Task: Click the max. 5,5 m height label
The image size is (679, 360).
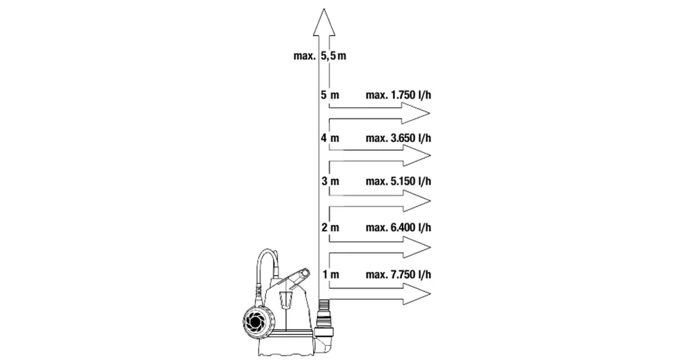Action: tap(320, 56)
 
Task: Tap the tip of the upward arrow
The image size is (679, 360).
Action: tap(324, 8)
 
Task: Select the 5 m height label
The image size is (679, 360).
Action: tap(330, 95)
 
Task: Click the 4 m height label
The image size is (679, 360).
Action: tap(330, 138)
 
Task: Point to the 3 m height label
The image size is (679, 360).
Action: tap(331, 181)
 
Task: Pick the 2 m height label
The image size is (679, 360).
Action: tap(331, 228)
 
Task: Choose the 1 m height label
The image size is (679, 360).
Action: tap(331, 274)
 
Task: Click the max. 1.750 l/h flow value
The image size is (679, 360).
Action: tap(399, 95)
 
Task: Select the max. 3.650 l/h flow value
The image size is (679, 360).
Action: tap(399, 138)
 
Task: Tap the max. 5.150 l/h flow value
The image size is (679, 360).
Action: tap(399, 181)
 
